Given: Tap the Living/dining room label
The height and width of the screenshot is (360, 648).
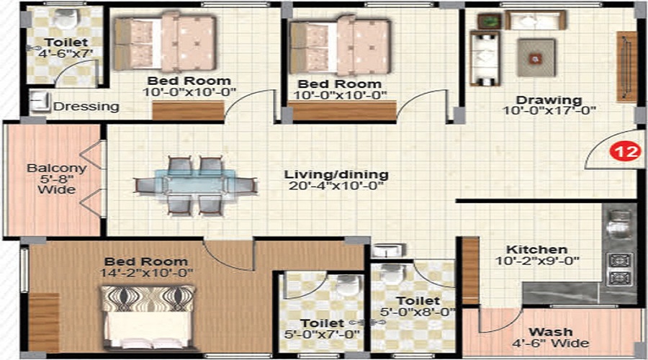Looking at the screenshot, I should pyautogui.click(x=336, y=174).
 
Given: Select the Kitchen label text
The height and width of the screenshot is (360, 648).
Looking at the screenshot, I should pyautogui.click(x=536, y=248).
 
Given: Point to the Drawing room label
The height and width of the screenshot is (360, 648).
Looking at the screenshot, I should pyautogui.click(x=552, y=99).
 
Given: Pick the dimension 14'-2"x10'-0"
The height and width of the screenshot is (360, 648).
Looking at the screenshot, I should pyautogui.click(x=146, y=274).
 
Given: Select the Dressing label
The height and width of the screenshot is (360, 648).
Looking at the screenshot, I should pyautogui.click(x=86, y=107).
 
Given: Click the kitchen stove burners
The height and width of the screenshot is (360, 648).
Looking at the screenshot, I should pyautogui.click(x=619, y=269).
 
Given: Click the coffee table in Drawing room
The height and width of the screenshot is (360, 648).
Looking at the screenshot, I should pyautogui.click(x=536, y=57).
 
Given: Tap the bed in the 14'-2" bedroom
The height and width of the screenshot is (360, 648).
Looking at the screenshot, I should pyautogui.click(x=148, y=317).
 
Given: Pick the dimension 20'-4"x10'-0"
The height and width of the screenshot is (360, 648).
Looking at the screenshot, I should pyautogui.click(x=336, y=186).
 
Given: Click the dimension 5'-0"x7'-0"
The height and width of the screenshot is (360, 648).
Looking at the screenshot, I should pyautogui.click(x=323, y=335).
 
